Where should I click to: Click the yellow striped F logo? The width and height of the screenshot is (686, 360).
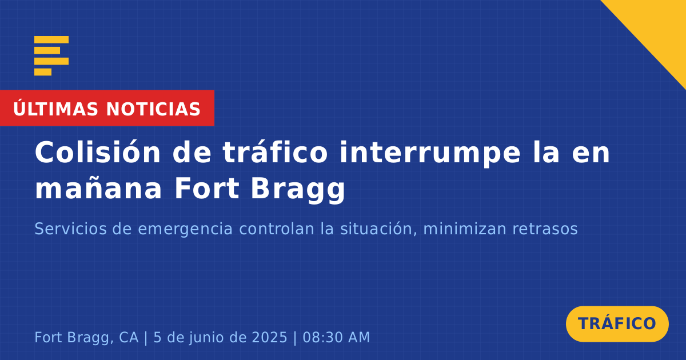click(x=51, y=55)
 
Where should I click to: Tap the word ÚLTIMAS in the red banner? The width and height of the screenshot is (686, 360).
click(x=55, y=109)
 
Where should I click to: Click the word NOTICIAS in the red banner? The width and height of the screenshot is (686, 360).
click(x=153, y=109)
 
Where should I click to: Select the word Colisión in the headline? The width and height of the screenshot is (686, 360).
click(x=97, y=152)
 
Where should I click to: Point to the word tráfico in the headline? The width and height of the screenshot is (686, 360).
click(x=275, y=152)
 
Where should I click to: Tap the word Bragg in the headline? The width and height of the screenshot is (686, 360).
click(x=298, y=190)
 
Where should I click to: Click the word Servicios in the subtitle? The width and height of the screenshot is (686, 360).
click(x=70, y=229)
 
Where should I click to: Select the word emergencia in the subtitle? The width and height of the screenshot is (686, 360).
click(x=185, y=230)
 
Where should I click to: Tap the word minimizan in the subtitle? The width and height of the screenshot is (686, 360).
click(x=465, y=229)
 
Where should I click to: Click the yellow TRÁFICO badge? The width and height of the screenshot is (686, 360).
click(x=617, y=324)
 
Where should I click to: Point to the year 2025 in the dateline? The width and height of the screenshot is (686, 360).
click(x=269, y=337)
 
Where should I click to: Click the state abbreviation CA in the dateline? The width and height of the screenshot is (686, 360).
click(x=129, y=337)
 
